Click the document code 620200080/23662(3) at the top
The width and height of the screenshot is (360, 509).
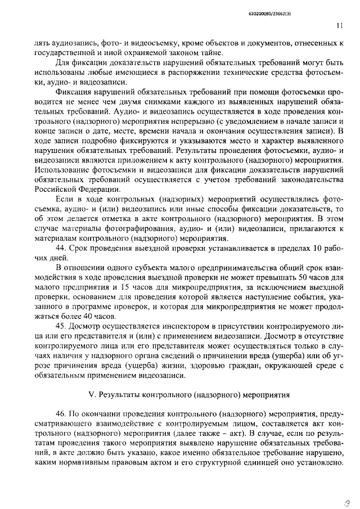pos(313,7)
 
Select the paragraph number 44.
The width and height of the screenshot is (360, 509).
pos(61,249)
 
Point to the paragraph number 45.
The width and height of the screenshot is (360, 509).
pos(61,326)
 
